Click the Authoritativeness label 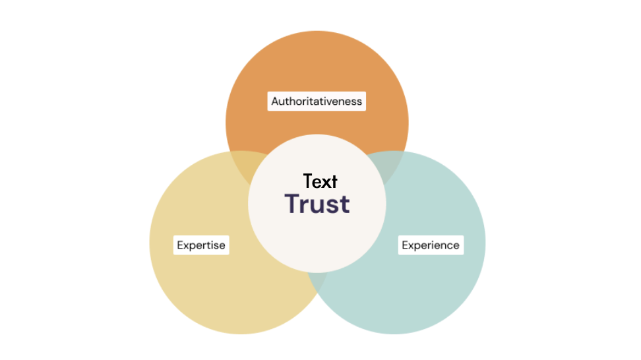(x=317, y=101)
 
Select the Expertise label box (x=201, y=245)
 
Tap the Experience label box (x=431, y=245)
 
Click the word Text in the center (x=320, y=181)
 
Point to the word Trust (x=317, y=204)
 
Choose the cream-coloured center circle (x=317, y=245)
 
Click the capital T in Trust (x=292, y=204)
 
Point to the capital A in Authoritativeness (x=275, y=101)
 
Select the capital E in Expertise (x=180, y=245)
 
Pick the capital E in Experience (x=405, y=245)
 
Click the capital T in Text (x=308, y=181)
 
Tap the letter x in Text (x=328, y=183)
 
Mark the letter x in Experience (x=412, y=246)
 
